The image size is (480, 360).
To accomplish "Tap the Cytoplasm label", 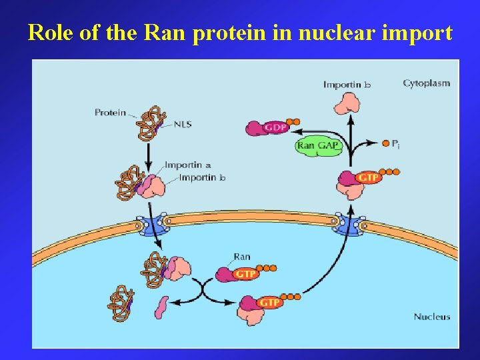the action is click(x=426, y=83).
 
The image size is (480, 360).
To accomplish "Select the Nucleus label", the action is click(x=432, y=316).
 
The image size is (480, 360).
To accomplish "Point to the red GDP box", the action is click(x=275, y=127).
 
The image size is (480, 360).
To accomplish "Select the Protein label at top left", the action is click(x=110, y=112).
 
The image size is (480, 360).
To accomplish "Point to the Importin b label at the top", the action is click(x=347, y=85).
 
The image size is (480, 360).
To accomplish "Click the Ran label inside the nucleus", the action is click(x=242, y=256).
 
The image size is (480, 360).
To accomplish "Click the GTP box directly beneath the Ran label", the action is click(x=245, y=273).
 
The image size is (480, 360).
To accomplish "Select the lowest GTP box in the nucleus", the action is click(x=269, y=302).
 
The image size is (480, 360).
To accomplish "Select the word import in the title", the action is click(x=417, y=32).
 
